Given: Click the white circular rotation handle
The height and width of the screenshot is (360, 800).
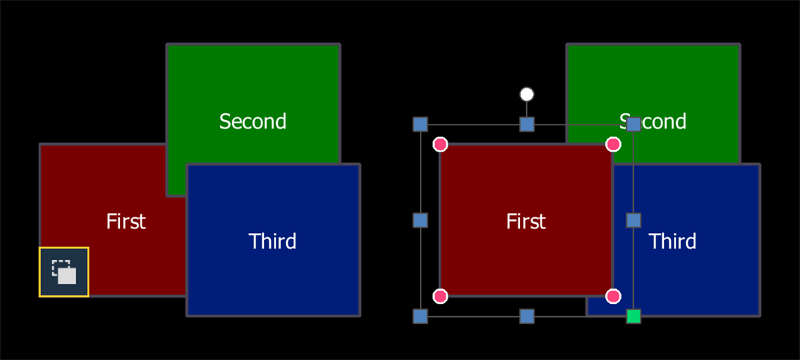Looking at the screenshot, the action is click(x=527, y=95).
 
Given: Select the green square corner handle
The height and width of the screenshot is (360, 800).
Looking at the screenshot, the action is click(x=633, y=316).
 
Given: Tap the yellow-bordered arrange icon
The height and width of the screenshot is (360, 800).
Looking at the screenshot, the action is click(x=64, y=272).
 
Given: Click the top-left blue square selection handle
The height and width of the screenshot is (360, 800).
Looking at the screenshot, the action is click(x=420, y=124).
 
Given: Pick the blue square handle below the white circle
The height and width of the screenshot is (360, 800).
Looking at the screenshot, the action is click(x=527, y=124).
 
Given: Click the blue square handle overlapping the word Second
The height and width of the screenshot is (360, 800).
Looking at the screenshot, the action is click(x=633, y=124).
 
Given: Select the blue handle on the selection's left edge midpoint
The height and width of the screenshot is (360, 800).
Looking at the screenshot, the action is click(x=420, y=220).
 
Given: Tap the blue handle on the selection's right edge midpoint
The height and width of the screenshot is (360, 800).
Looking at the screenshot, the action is click(x=633, y=220).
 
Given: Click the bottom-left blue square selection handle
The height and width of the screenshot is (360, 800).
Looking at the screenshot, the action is click(x=420, y=316).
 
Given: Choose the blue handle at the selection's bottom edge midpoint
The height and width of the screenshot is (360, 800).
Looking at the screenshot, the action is click(x=527, y=316).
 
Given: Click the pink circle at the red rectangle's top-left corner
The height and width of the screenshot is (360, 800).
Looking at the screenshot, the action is click(x=440, y=145).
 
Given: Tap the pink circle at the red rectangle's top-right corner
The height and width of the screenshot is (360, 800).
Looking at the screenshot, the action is click(x=613, y=145).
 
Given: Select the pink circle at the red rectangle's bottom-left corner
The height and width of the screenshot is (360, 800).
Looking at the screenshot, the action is click(x=440, y=295).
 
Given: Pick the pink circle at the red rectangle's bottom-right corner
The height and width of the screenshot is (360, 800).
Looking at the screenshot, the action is click(x=613, y=295).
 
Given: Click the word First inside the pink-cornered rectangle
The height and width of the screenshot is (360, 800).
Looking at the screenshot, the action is click(x=526, y=222).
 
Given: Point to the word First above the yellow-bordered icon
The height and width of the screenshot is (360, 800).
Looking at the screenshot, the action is click(x=126, y=222).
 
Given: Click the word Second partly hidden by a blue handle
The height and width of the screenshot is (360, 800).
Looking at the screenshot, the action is click(x=652, y=122).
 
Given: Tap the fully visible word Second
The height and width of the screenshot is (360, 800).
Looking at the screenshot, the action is click(x=252, y=122).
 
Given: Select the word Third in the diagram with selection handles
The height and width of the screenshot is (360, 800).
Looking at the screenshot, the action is click(x=672, y=242).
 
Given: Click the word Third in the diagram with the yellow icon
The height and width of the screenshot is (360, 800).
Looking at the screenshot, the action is click(x=272, y=242).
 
